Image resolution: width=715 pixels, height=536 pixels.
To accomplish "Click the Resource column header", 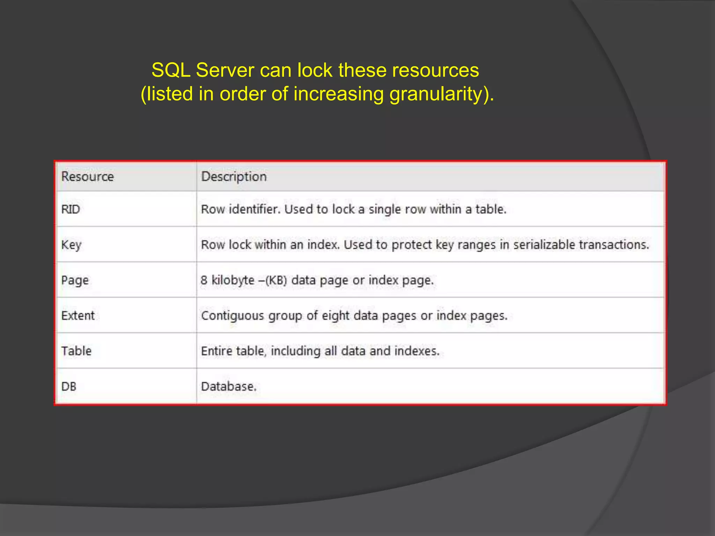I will (87, 177).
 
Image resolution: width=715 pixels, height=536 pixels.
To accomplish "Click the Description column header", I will (234, 177).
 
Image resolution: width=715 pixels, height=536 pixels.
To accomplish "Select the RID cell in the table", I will (71, 209).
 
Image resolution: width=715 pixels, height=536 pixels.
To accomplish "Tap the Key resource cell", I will (71, 245).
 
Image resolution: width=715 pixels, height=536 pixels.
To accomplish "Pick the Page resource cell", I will (75, 281).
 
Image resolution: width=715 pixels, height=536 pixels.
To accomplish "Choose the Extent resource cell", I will (78, 315).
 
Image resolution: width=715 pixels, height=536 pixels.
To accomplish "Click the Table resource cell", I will (76, 351).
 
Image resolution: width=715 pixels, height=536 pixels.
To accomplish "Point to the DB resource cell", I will (69, 387).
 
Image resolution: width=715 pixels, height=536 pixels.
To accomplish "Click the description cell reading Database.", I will (229, 387).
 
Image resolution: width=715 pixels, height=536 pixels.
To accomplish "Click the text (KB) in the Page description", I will (276, 281).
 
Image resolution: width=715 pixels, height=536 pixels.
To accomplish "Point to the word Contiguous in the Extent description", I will (233, 316).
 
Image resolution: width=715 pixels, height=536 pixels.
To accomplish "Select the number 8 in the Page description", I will (204, 281).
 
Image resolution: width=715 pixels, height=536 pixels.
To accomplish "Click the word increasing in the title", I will (338, 94).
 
